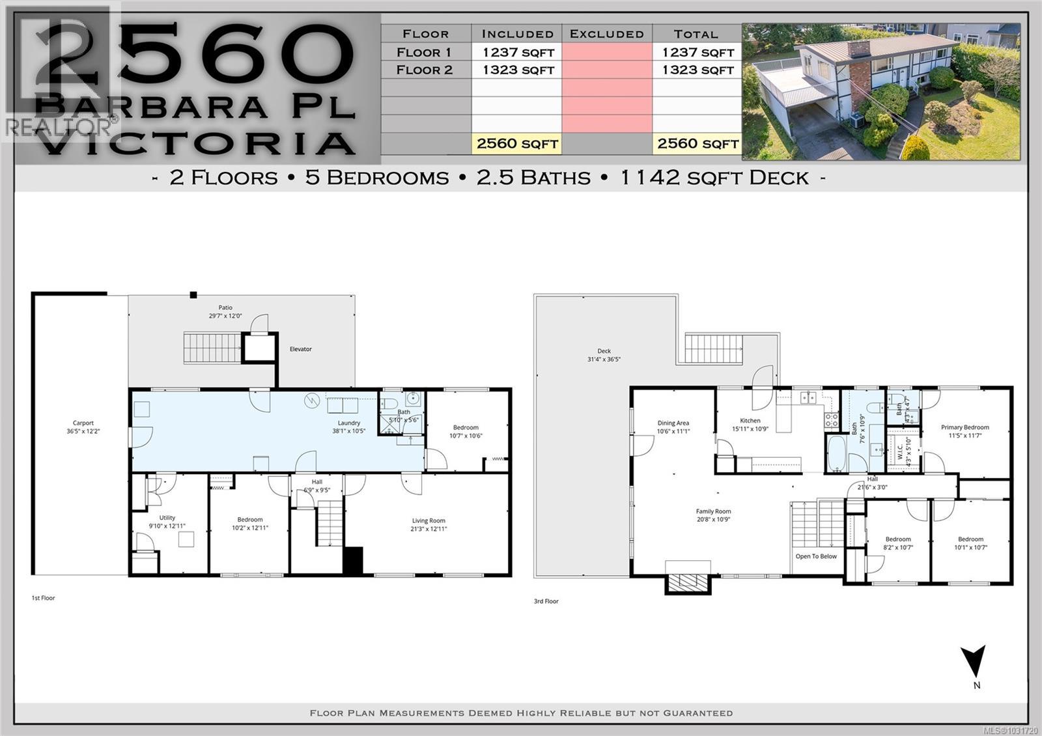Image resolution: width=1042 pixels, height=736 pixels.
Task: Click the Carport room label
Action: tap(83, 423)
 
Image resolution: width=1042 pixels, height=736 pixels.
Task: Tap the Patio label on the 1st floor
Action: tap(225, 307)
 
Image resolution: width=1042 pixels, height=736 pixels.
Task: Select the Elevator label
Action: tap(301, 349)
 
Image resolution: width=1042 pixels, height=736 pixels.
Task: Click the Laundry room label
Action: tap(349, 423)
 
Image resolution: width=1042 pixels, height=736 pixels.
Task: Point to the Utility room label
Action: tap(167, 518)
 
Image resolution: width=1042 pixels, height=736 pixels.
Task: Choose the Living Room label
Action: tap(429, 520)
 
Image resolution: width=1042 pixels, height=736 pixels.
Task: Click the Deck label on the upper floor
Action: tap(604, 351)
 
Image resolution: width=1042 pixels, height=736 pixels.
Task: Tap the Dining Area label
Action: tap(673, 423)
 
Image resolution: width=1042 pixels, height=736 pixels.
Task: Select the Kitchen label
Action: tap(750, 421)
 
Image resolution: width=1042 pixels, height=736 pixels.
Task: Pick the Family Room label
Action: tap(713, 512)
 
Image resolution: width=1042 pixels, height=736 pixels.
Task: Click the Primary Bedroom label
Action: tap(965, 428)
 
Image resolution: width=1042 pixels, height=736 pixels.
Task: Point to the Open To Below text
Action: tap(816, 556)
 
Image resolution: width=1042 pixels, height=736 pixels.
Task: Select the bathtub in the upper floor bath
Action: tap(836, 454)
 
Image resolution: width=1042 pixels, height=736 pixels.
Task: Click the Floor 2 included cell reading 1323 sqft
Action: tap(518, 70)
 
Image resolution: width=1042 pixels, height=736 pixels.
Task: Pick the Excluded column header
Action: tap(607, 34)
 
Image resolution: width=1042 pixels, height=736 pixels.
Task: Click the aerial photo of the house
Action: tap(881, 92)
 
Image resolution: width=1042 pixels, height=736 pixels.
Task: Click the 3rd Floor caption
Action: tap(546, 601)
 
